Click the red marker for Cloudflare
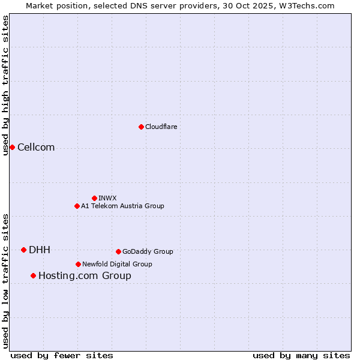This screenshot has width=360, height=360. [141, 127]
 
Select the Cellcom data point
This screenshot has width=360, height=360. [12, 147]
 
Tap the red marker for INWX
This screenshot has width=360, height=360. [94, 198]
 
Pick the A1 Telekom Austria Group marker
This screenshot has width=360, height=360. [77, 206]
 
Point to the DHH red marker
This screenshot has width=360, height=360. [23, 250]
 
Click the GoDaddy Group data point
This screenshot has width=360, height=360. [118, 251]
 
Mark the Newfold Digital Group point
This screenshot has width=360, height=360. [78, 264]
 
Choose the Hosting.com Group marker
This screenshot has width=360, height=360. [33, 275]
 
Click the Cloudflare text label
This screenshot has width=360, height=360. [161, 127]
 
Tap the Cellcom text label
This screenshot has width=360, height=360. [36, 148]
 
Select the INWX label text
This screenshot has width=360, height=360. [107, 198]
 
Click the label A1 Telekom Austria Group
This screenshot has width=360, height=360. [122, 206]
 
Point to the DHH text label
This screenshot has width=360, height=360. [40, 250]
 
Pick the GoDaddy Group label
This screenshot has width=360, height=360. [148, 251]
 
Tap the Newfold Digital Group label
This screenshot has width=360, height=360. [117, 264]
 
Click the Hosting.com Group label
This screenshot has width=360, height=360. [85, 276]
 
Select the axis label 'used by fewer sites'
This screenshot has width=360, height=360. [62, 355]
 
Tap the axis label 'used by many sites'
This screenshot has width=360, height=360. [301, 355]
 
